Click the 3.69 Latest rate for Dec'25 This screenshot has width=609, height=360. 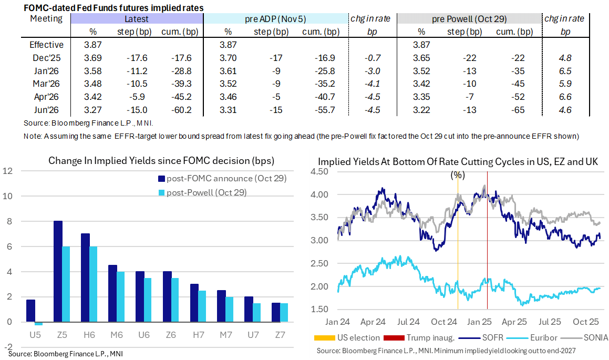pos(93,58)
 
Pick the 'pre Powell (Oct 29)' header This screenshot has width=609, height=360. pos(469,19)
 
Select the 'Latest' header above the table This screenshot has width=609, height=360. pos(136,19)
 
